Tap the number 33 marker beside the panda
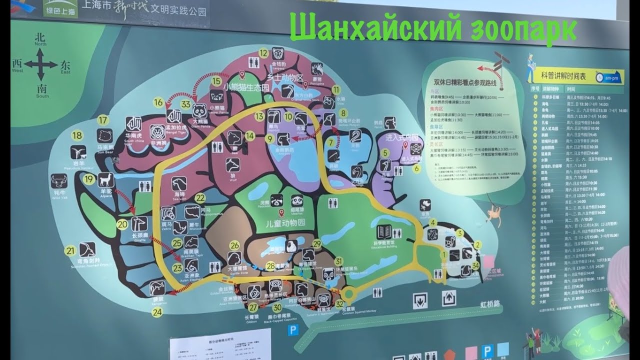coord(186,104)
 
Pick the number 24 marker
coord(158,312)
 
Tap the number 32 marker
coord(340,303)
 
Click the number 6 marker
coord(416,168)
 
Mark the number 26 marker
coord(235,245)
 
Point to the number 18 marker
coord(77,135)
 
